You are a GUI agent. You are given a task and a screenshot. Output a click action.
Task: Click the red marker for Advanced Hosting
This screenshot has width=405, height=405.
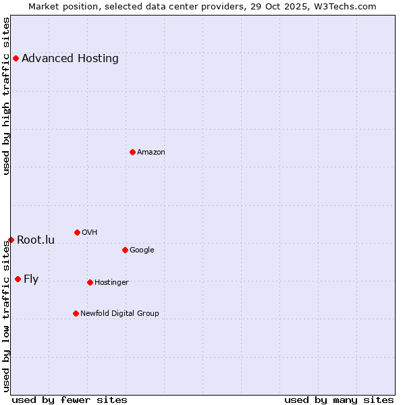click(x=16, y=58)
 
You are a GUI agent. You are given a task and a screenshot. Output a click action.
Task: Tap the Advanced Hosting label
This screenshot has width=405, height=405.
click(x=70, y=59)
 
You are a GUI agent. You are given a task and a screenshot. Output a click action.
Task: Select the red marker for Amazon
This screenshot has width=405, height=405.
click(x=132, y=152)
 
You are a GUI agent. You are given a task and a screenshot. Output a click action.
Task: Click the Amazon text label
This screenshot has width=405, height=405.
click(x=151, y=153)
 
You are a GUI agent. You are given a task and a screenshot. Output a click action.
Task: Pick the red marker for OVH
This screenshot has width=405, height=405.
click(x=77, y=232)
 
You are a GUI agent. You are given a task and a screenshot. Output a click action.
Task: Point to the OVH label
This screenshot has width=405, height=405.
click(x=90, y=233)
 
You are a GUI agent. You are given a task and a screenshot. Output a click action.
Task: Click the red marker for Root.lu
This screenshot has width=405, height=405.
click(x=11, y=240)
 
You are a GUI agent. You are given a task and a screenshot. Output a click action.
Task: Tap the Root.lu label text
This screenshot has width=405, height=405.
click(x=36, y=240)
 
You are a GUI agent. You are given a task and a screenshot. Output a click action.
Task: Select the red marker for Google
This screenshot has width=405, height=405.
click(x=125, y=250)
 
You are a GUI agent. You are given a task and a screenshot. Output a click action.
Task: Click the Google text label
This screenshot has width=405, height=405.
click(x=142, y=250)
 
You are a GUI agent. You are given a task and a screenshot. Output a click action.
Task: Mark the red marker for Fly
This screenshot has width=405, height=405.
click(x=18, y=279)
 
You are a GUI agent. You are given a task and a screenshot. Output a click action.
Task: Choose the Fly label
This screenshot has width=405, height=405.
click(x=31, y=279)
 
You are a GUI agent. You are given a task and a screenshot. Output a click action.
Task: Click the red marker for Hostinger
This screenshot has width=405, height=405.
click(x=90, y=282)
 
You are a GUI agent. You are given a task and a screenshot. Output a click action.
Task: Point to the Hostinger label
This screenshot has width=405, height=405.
click(x=111, y=283)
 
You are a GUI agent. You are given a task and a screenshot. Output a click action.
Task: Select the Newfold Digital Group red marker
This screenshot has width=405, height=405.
click(x=76, y=313)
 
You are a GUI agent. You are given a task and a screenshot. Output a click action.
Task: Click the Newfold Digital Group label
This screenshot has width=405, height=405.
click(x=119, y=314)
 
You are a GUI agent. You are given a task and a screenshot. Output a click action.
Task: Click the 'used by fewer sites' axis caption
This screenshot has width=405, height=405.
click(x=70, y=400)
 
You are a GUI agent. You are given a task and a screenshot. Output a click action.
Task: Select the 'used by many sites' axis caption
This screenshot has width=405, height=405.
click(x=339, y=400)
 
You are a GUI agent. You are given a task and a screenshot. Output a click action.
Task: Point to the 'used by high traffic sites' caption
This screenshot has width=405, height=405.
click(x=7, y=96)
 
